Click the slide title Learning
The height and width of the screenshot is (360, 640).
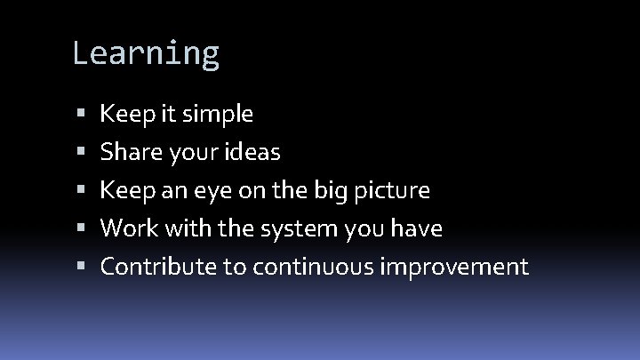point(146,54)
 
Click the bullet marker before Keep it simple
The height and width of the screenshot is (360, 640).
point(81,115)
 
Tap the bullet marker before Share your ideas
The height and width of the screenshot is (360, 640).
point(81,153)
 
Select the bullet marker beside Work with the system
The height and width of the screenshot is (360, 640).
point(81,229)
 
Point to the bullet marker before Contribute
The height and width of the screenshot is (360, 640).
point(81,268)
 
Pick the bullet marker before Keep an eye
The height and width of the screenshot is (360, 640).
point(81,191)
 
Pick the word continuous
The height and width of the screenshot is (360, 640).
point(313,267)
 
